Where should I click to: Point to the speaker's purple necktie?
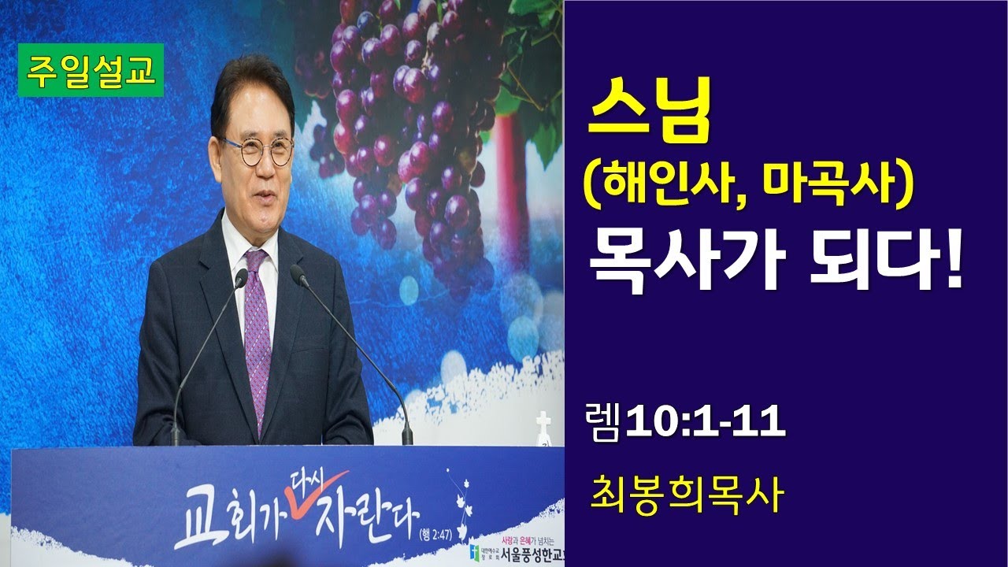click(x=257, y=331)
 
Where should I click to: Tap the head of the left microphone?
click(x=240, y=278)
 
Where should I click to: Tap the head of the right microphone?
click(x=298, y=274)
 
